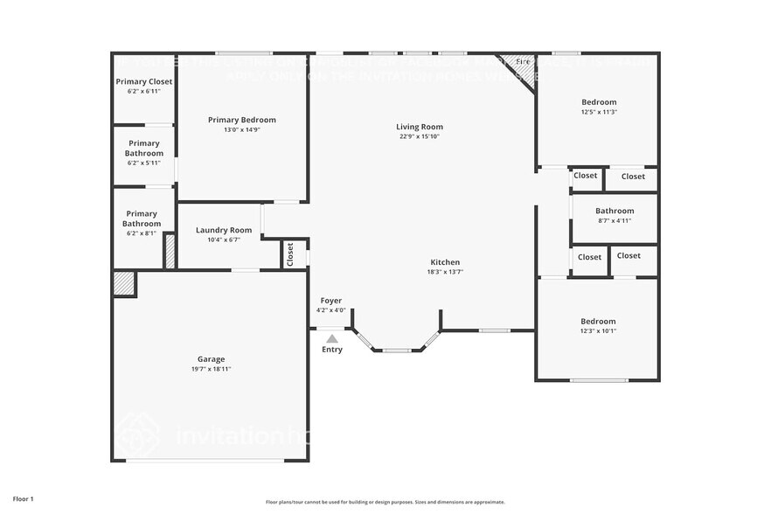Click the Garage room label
(x=211, y=359)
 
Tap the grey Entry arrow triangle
(x=332, y=338)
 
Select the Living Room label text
(x=420, y=127)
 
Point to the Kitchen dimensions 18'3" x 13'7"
(x=445, y=272)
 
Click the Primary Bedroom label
(x=242, y=120)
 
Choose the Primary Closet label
(x=144, y=81)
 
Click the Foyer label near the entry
(x=331, y=301)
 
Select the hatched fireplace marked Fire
(x=522, y=65)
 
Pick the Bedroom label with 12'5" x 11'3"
(x=599, y=102)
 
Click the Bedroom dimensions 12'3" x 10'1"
(x=598, y=330)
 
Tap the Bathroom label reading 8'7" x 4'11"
(x=615, y=211)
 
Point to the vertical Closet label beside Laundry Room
(x=291, y=254)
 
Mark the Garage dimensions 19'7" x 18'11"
(x=211, y=369)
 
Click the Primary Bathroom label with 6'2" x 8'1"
(x=142, y=219)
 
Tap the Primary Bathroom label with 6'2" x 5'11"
(x=143, y=149)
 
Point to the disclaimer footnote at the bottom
(x=385, y=502)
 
